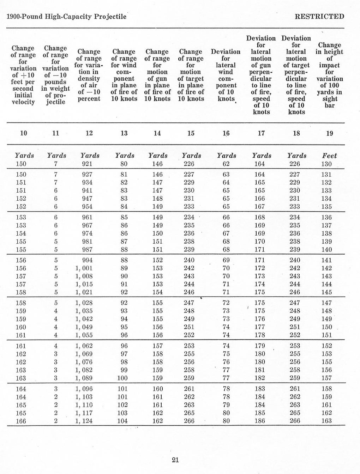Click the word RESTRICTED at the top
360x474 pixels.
click(319, 17)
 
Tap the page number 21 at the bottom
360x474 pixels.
click(175, 460)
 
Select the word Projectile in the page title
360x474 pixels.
click(110, 17)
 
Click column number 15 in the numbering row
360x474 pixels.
click(191, 133)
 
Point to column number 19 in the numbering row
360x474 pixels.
click(329, 133)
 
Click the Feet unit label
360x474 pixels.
click(329, 156)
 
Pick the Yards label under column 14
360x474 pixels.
click(158, 156)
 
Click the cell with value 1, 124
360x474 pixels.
click(84, 421)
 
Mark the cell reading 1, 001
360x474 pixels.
click(84, 268)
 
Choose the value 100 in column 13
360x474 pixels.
click(122, 378)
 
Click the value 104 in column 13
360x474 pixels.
click(122, 421)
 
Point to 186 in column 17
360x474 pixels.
click(260, 421)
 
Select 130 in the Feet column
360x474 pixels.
click(326, 164)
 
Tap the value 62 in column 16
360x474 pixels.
click(226, 164)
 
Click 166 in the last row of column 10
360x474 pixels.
click(21, 421)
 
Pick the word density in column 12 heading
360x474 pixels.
click(89, 79)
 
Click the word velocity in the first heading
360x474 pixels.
click(23, 102)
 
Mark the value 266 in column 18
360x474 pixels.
click(295, 421)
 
